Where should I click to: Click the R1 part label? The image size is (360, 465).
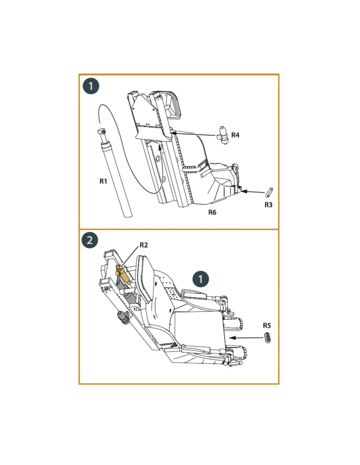tap(103, 181)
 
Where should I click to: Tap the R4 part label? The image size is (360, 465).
tap(235, 135)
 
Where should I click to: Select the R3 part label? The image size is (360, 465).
tap(268, 205)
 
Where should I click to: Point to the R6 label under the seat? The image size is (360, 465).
tap(212, 212)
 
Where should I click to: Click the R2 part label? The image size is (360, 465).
tap(143, 245)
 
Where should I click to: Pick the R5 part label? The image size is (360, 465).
tap(267, 325)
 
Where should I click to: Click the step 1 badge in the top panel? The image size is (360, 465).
tap(91, 86)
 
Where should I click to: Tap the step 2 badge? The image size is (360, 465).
tap(90, 240)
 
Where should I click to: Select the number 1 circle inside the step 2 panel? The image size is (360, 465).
tap(200, 279)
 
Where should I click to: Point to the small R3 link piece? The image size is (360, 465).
tap(270, 192)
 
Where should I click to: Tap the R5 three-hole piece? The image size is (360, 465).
tap(267, 337)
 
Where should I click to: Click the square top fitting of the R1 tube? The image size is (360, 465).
tap(101, 131)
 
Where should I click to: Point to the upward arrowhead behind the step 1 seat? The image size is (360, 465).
tap(159, 147)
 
